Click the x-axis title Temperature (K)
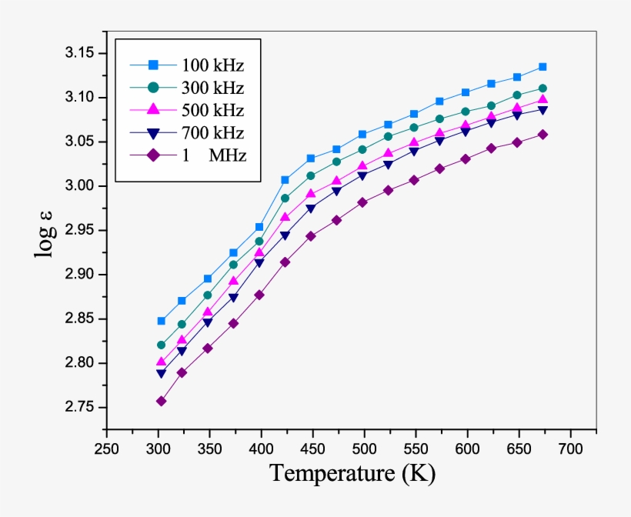point(352,473)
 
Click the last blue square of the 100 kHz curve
point(543,67)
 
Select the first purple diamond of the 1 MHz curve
point(161,401)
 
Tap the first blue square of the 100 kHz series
point(161,321)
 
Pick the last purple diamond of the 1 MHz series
point(543,134)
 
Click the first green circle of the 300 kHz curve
point(161,345)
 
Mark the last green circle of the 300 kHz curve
point(543,88)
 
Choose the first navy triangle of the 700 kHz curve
point(161,374)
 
